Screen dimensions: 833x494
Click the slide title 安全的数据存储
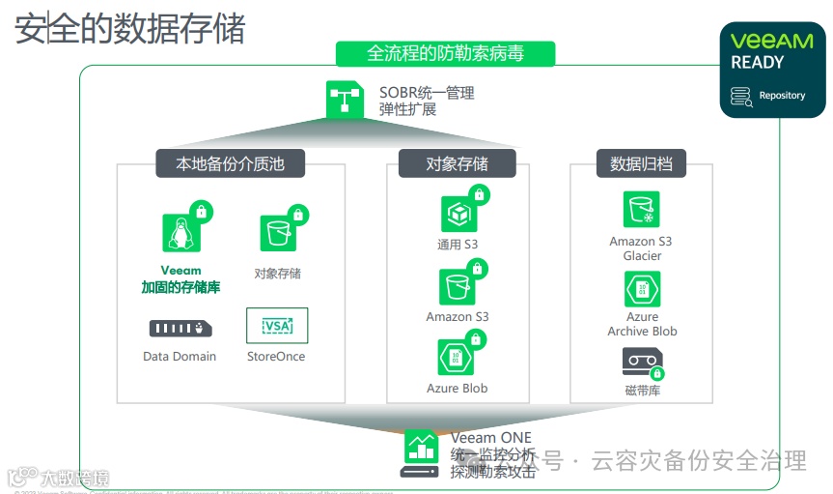(129, 28)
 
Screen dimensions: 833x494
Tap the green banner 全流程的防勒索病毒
(445, 53)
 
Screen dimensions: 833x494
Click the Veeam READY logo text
(771, 50)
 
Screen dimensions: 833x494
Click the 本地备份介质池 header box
(230, 163)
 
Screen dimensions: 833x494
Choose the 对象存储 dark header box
(457, 163)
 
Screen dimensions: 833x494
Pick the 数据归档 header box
(641, 163)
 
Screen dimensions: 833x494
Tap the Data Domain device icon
(180, 329)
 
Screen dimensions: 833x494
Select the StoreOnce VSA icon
(276, 326)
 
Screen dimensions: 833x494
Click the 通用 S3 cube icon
(458, 214)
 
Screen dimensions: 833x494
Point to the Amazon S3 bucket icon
(458, 286)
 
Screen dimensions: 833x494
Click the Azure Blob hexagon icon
(457, 358)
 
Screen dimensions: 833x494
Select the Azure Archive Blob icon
(642, 288)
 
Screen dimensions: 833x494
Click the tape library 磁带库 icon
(641, 362)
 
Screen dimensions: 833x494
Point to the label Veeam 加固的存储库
(180, 279)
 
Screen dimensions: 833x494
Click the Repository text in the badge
(782, 96)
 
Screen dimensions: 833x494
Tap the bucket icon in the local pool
(277, 233)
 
